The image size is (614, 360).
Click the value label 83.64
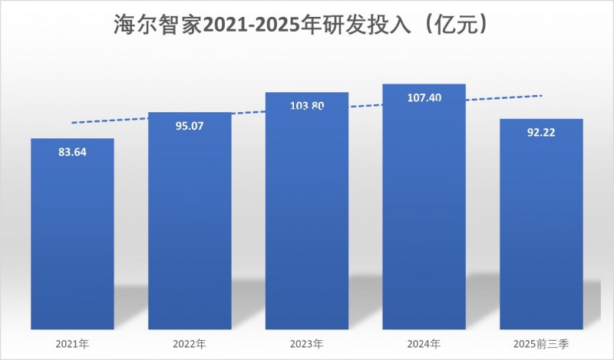[x=73, y=151]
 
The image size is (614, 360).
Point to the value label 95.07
[x=190, y=125]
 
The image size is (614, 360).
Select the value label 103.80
[x=307, y=106]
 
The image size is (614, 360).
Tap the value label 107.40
[x=424, y=98]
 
